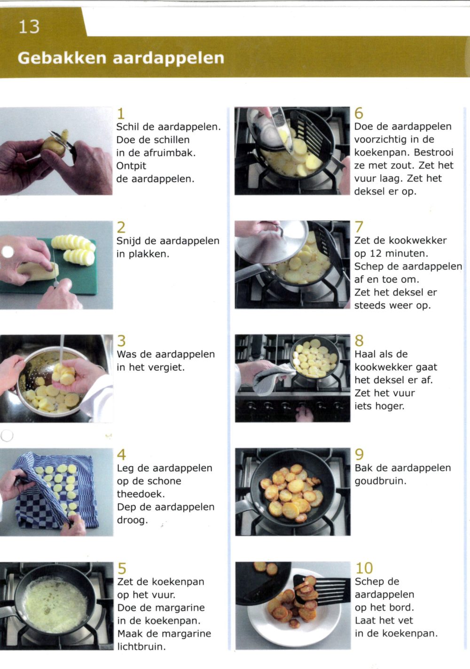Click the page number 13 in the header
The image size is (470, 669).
coord(29,27)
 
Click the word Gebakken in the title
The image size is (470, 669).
coord(62,58)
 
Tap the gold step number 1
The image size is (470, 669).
coord(121,114)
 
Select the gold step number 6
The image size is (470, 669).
coord(359,113)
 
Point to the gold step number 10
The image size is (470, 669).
coord(364,568)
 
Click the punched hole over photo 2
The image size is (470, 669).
coord(8,252)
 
